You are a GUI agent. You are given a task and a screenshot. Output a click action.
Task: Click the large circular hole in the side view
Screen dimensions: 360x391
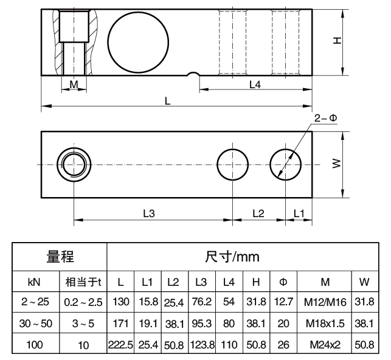(x=139, y=41)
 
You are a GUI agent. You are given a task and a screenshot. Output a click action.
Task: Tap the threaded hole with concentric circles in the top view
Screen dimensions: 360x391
(x=74, y=164)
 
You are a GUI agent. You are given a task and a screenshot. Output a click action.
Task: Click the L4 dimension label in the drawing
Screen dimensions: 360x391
(x=255, y=85)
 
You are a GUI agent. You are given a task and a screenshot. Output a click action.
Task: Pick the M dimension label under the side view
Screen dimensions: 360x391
(x=74, y=85)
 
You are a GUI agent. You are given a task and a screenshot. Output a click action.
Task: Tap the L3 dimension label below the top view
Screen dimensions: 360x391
(x=149, y=213)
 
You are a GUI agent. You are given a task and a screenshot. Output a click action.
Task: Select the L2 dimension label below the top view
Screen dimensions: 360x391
(x=258, y=213)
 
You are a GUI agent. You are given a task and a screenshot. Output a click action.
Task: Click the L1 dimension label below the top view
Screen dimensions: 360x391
(x=298, y=213)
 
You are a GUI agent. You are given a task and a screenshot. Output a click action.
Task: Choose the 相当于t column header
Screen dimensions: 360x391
(x=83, y=282)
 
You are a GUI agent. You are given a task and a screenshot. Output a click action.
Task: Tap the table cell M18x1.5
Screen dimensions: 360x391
(x=326, y=323)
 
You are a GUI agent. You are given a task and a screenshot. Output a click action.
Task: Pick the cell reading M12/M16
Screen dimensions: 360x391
(x=326, y=302)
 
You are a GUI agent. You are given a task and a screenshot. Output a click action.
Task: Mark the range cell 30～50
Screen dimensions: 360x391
(x=34, y=323)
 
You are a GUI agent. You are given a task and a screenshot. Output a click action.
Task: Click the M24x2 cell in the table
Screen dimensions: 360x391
(x=326, y=345)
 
